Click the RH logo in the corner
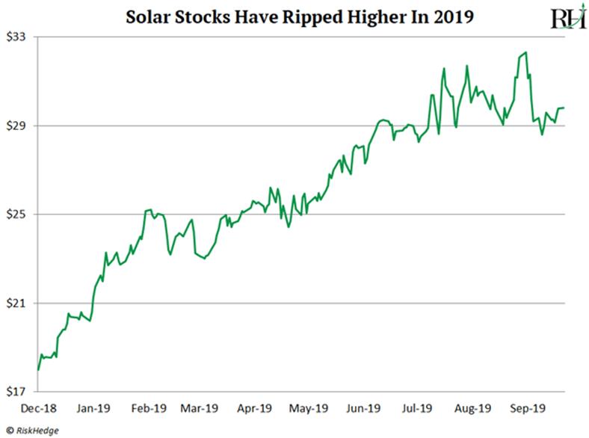(x=567, y=18)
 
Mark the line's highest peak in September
(x=527, y=52)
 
